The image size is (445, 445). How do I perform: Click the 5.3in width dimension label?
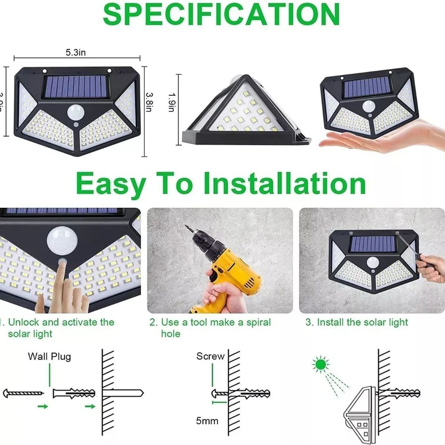76,53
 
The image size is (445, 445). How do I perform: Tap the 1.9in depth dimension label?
171,102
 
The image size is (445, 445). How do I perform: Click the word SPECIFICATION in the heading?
221,14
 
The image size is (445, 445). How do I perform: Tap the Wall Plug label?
49,357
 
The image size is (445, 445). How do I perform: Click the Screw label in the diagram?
210,356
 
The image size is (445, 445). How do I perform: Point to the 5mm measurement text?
207,421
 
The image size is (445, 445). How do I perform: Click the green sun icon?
320,365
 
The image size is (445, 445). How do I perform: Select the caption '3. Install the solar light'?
356,322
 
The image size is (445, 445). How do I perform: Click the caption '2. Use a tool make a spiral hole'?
210,328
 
